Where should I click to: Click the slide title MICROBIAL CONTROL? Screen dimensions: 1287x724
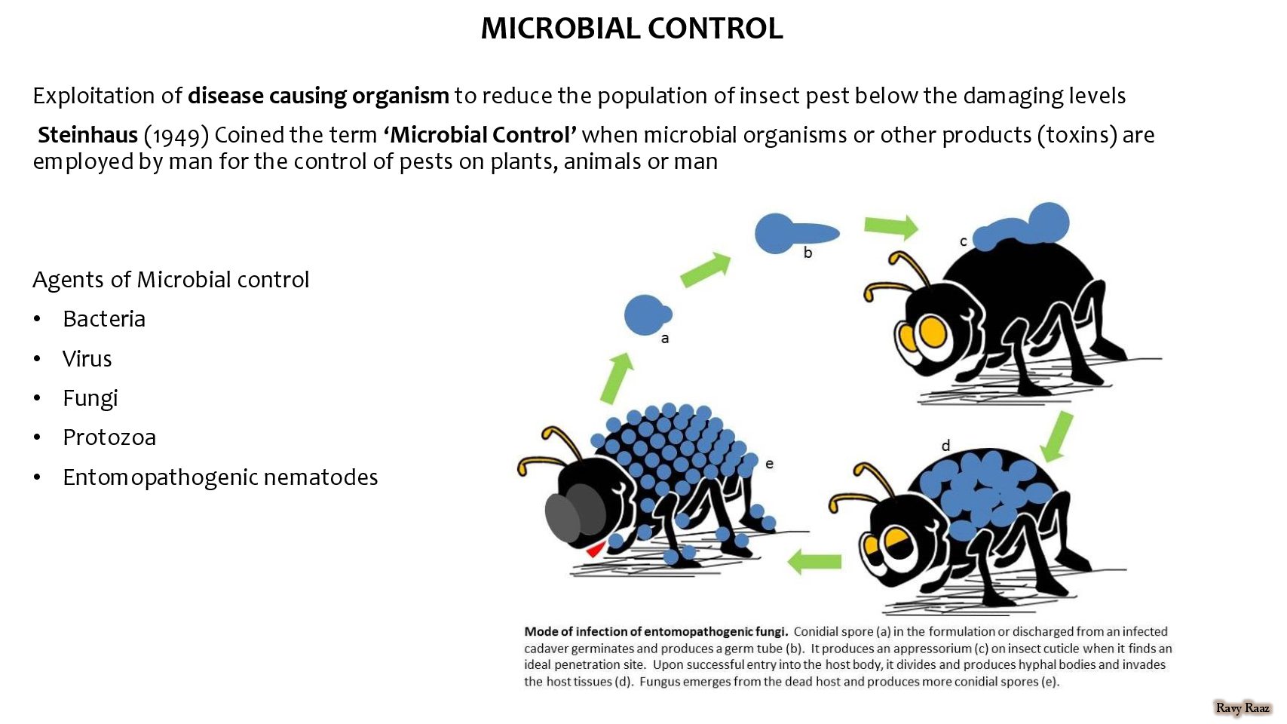click(x=631, y=29)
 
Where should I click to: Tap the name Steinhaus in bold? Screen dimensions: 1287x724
click(x=88, y=135)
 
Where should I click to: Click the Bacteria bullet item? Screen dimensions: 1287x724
click(x=104, y=319)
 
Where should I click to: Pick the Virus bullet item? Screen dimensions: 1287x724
click(x=87, y=358)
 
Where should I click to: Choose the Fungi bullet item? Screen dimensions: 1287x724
click(x=90, y=398)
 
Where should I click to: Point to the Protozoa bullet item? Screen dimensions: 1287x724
click(x=109, y=437)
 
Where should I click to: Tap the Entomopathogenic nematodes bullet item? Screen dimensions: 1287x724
click(x=220, y=477)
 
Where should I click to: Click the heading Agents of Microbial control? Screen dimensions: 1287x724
click(x=170, y=280)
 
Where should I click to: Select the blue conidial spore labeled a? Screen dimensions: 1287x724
click(x=647, y=315)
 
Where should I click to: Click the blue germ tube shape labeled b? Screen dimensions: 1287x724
click(x=795, y=233)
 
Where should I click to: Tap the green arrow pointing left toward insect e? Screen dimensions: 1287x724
click(x=814, y=561)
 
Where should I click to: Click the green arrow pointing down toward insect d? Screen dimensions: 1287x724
click(x=1057, y=437)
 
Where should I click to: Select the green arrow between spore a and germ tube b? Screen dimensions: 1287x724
click(x=706, y=269)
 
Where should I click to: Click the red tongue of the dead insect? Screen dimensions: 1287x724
click(x=595, y=549)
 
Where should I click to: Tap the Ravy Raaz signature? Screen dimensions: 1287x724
click(x=1243, y=708)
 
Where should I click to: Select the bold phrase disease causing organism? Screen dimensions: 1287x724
click(x=318, y=96)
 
